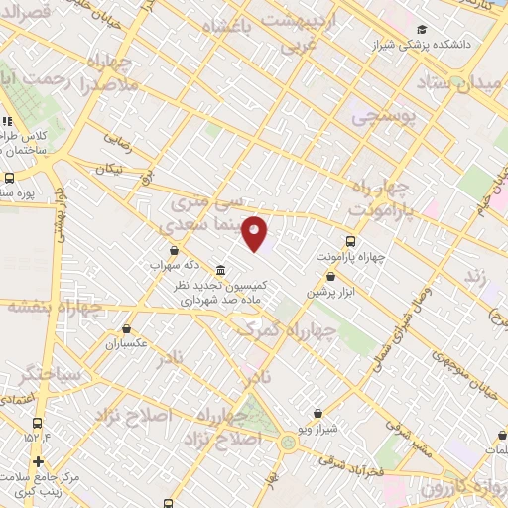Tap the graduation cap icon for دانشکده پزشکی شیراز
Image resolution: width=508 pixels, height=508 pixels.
tap(423, 30)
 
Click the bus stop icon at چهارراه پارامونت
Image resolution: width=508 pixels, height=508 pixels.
tap(350, 240)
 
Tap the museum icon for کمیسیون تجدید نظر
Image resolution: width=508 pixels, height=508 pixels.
tap(220, 270)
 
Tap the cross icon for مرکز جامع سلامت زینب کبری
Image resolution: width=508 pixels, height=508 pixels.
tap(38, 461)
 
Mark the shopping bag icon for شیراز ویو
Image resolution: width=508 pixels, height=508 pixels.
tap(317, 413)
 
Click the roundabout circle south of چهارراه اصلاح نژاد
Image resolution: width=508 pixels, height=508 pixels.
tap(289, 443)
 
